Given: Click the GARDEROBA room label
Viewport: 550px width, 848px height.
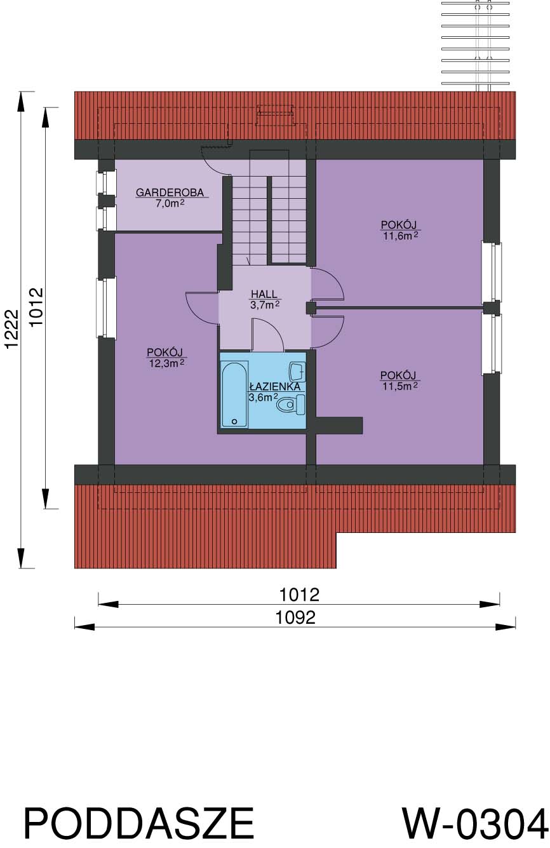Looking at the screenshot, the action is click(x=170, y=192).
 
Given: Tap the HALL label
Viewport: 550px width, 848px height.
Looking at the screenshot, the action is click(x=264, y=293).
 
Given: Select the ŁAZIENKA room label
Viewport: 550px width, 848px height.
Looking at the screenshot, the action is click(x=275, y=386).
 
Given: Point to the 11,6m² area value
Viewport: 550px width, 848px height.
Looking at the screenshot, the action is click(x=401, y=236).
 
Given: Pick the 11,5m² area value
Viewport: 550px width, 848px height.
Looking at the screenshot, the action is click(x=400, y=386).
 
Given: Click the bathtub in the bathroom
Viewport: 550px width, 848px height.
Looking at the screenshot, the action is click(x=235, y=394).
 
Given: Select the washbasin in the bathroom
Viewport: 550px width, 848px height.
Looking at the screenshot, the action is click(x=297, y=372).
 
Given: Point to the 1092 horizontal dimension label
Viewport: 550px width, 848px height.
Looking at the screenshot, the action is click(x=295, y=618).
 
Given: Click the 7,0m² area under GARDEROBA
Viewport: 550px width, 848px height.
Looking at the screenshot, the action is click(x=170, y=203).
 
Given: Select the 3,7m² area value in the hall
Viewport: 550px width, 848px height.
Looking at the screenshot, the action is click(x=265, y=305).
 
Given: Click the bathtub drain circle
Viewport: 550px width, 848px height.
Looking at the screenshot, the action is click(x=234, y=421).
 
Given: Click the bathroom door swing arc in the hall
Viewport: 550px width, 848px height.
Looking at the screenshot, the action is click(x=274, y=328).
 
